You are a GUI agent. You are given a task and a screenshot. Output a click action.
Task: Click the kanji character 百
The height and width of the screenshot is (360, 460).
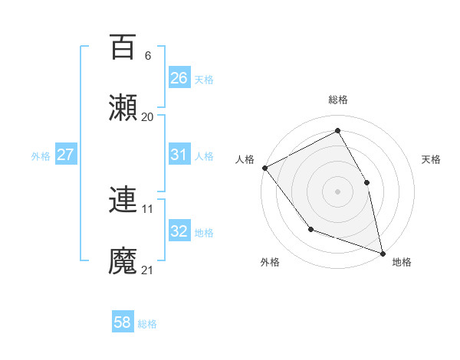pyautogui.click(x=123, y=47)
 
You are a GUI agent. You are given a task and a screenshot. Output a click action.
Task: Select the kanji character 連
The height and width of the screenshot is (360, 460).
pyautogui.click(x=123, y=200)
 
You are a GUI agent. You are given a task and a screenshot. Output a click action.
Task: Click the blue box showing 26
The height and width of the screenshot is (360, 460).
pyautogui.click(x=179, y=77)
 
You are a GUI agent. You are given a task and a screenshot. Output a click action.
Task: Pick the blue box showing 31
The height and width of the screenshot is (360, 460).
pyautogui.click(x=179, y=155)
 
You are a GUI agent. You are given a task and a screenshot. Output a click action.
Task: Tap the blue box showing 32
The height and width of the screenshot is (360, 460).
pyautogui.click(x=179, y=231)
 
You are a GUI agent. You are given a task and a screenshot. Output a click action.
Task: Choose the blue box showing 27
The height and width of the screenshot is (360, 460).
pyautogui.click(x=66, y=155)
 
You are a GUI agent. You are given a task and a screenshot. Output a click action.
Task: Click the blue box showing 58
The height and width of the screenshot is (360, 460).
pyautogui.click(x=123, y=322)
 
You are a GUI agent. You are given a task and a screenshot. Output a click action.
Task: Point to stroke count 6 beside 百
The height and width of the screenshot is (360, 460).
pyautogui.click(x=147, y=56)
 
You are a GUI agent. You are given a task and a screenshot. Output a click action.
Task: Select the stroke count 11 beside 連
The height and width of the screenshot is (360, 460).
pyautogui.click(x=147, y=208)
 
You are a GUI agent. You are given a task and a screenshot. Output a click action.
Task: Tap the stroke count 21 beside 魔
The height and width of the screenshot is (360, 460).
pyautogui.click(x=147, y=270)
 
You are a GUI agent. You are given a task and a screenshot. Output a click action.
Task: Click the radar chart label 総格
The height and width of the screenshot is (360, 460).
pyautogui.click(x=338, y=100)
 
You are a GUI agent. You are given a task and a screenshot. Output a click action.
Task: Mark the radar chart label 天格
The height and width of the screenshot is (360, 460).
pyautogui.click(x=432, y=159)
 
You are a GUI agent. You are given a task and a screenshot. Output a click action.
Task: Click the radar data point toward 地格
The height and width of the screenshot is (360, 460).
pyautogui.click(x=383, y=252)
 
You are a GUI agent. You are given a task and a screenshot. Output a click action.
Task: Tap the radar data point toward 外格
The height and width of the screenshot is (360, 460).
pyautogui.click(x=310, y=229)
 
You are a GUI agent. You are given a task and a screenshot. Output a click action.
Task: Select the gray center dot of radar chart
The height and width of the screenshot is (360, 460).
pyautogui.click(x=338, y=191)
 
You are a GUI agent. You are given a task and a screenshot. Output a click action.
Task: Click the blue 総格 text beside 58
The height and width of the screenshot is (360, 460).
pyautogui.click(x=147, y=324)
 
